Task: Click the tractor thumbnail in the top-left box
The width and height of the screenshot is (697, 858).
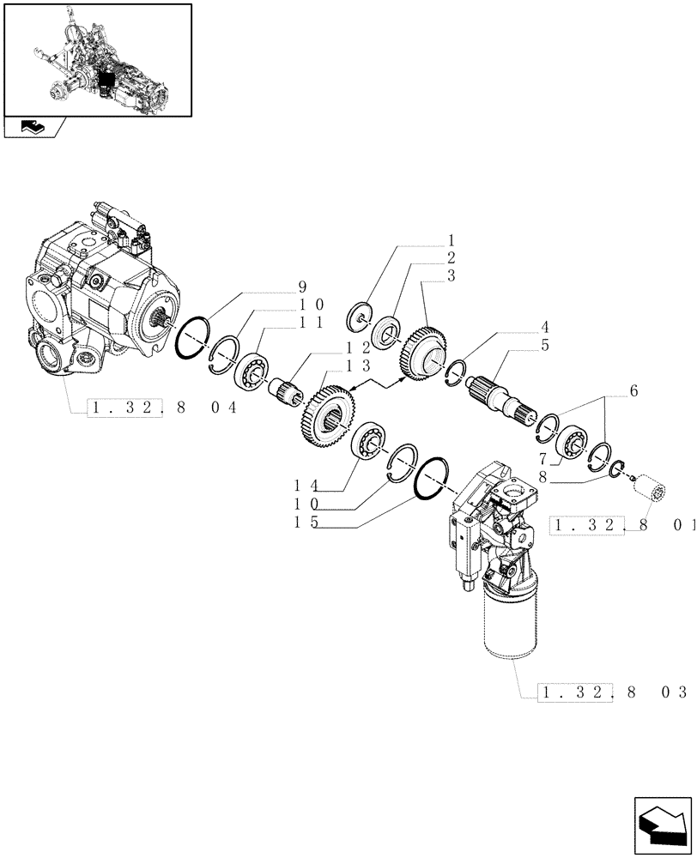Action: pyautogui.click(x=96, y=59)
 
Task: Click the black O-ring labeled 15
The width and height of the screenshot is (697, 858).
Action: pyautogui.click(x=433, y=476)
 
